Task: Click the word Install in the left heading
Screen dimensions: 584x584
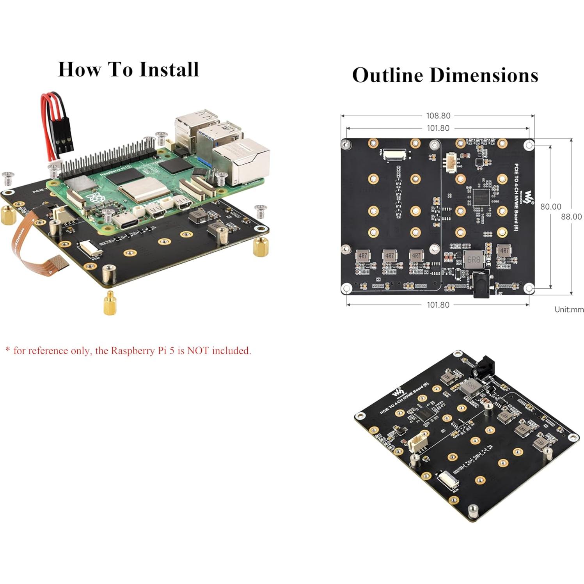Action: (169, 69)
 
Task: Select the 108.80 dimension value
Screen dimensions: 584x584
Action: (438, 115)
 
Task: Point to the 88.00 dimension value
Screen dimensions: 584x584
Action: (571, 217)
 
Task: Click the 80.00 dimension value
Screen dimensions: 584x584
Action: (550, 206)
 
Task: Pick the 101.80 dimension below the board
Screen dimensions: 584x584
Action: (438, 305)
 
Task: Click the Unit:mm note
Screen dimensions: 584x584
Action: (569, 309)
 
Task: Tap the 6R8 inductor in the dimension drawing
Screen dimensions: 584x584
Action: (473, 259)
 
